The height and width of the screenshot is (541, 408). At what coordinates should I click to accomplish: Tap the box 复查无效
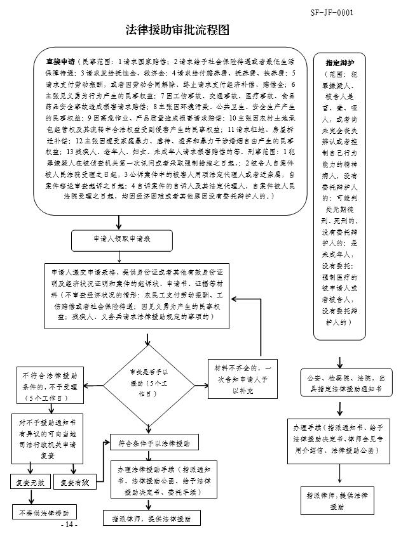pyautogui.click(x=30, y=483)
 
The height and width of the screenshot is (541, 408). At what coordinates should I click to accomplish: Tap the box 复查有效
pyautogui.click(x=74, y=483)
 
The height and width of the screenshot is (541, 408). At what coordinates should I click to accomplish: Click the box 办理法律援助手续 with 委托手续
pyautogui.click(x=155, y=481)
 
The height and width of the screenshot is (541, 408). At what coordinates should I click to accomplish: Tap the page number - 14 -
pyautogui.click(x=69, y=526)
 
